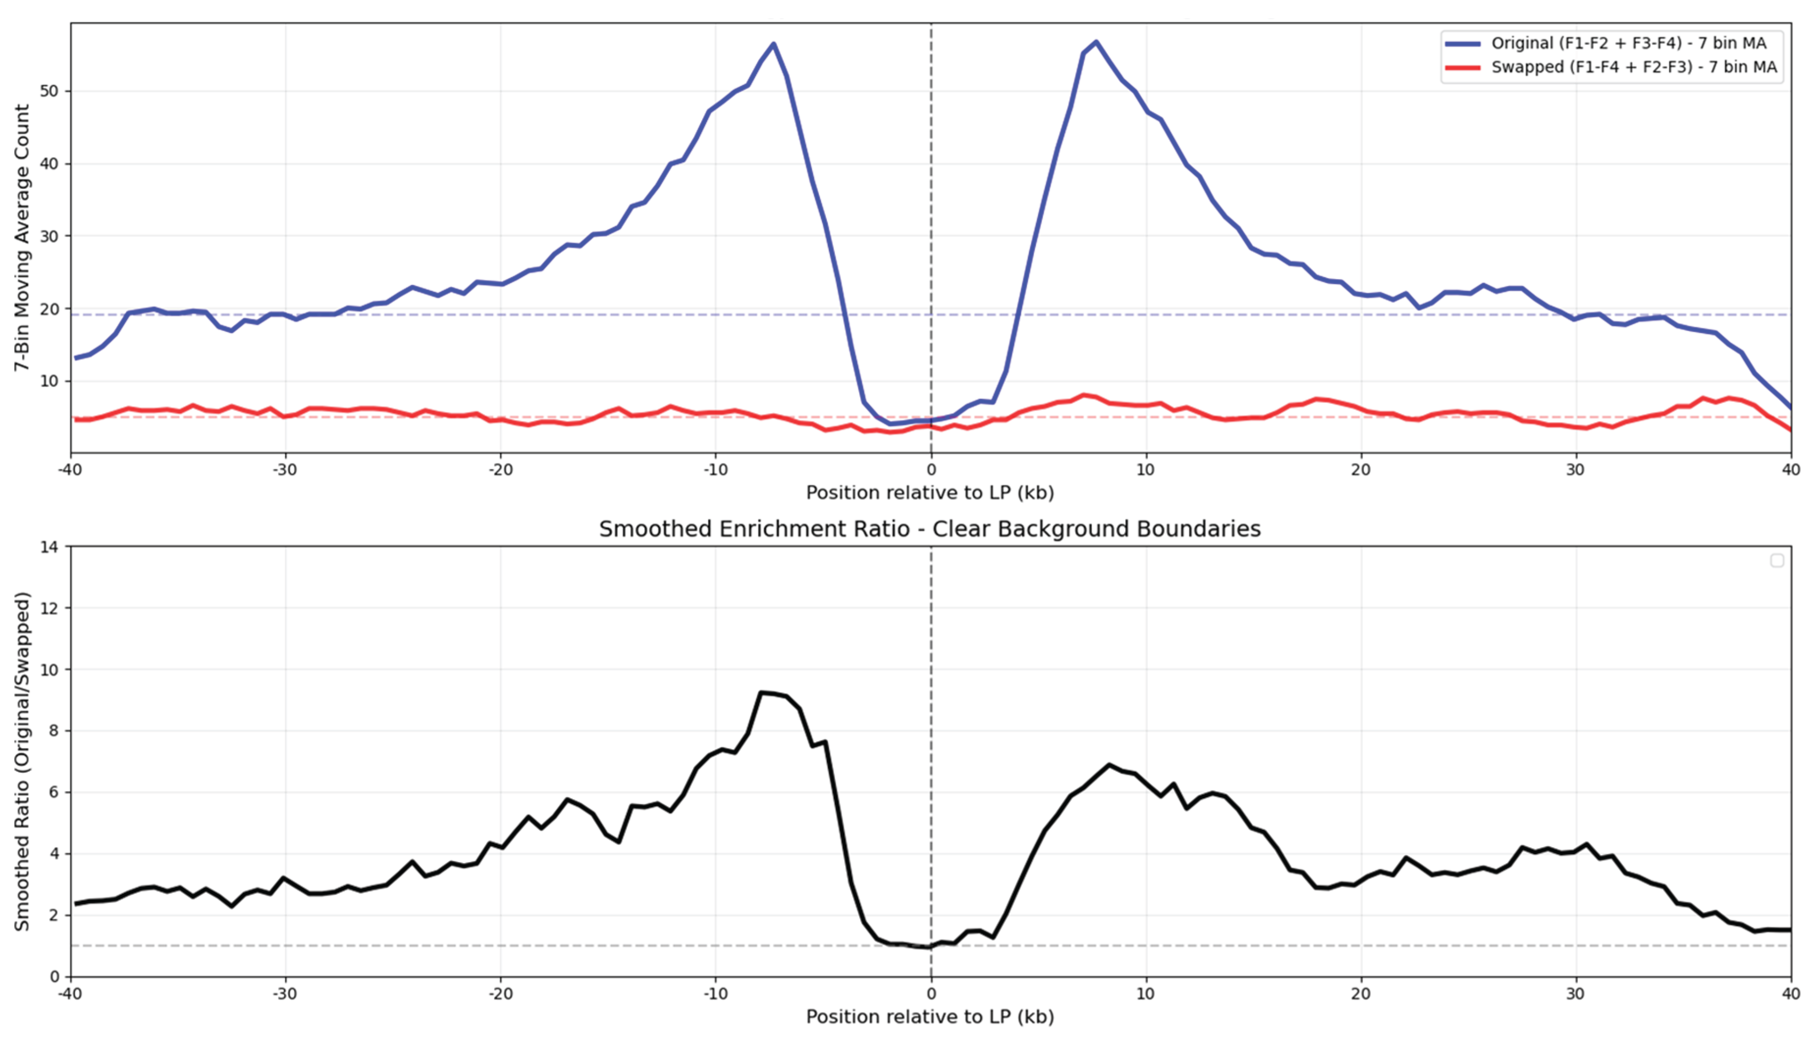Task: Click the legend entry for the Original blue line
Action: click(1628, 43)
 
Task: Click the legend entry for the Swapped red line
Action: click(1633, 67)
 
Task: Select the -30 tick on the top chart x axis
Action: click(285, 470)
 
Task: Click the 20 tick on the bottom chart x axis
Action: click(1361, 994)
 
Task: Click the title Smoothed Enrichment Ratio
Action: click(930, 529)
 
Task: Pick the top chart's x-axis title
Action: click(930, 494)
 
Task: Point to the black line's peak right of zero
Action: click(1109, 765)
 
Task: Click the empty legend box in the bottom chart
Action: click(1776, 561)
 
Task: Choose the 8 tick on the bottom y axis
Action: click(54, 731)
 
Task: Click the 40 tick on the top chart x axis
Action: click(1790, 470)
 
